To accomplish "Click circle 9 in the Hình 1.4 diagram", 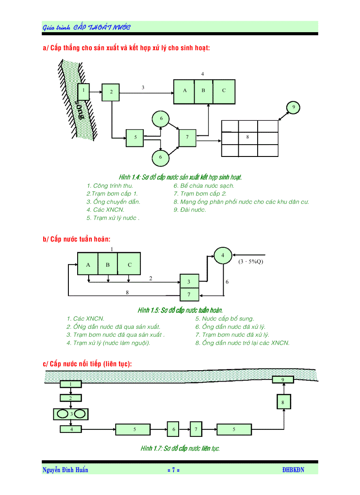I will pyautogui.click(x=293, y=107).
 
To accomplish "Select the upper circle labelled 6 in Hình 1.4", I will pyautogui.click(x=161, y=119).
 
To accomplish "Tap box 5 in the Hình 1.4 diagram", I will pyautogui.click(x=135, y=138).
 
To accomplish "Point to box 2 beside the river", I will pyautogui.click(x=111, y=92).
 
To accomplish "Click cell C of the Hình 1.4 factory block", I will pyautogui.click(x=224, y=91).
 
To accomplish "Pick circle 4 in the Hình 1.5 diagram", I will pyautogui.click(x=223, y=255).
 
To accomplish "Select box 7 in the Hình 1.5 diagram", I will pyautogui.click(x=189, y=294).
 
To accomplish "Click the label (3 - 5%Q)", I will pyautogui.click(x=251, y=261).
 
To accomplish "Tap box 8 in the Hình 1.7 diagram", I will pyautogui.click(x=283, y=402).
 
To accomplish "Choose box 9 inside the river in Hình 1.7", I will pyautogui.click(x=283, y=380).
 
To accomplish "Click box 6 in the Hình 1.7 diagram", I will pyautogui.click(x=173, y=429).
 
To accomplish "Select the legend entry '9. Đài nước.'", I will pyautogui.click(x=190, y=210).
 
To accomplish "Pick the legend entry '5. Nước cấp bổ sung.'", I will pyautogui.click(x=225, y=319).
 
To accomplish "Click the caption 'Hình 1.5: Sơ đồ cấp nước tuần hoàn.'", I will pyautogui.click(x=180, y=310).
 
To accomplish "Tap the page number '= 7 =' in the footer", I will pyautogui.click(x=173, y=470).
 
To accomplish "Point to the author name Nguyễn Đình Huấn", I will pyautogui.click(x=65, y=470).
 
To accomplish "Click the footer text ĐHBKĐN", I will pyautogui.click(x=293, y=470).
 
